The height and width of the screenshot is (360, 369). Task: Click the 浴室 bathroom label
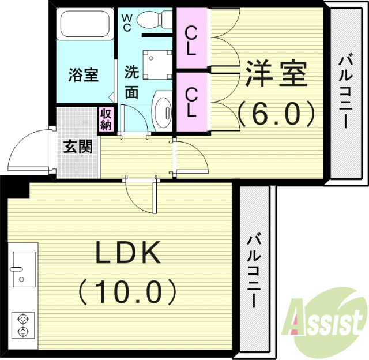click(84, 76)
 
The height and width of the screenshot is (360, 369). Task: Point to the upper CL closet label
click(192, 40)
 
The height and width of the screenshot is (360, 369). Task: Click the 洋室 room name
click(276, 74)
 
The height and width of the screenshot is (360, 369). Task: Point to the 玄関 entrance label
click(77, 147)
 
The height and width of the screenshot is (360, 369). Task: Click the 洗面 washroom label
click(132, 82)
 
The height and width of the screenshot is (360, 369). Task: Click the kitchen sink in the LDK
click(24, 268)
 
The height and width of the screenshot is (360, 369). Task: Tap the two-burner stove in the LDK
click(23, 325)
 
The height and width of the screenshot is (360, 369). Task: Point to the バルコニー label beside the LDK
click(254, 271)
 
